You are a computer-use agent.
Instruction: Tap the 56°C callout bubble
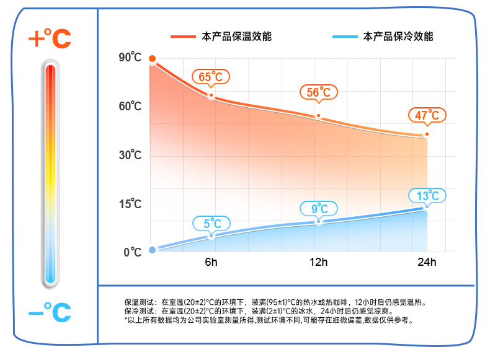point(318,93)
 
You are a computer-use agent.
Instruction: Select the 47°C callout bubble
point(427,115)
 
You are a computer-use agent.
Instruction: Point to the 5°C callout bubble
point(212,223)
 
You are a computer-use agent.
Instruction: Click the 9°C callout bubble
point(319,208)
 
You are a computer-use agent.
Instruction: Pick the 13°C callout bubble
point(427,196)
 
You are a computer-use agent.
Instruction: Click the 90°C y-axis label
point(130,58)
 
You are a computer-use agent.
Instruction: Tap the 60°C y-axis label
point(130,107)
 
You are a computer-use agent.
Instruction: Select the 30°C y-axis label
point(130,155)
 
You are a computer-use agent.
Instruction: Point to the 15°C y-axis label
point(130,204)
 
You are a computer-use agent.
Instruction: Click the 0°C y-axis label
point(132,252)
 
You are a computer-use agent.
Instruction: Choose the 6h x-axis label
point(212,262)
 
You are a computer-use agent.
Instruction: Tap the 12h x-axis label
point(319,262)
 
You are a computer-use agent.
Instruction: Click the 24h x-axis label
point(427,262)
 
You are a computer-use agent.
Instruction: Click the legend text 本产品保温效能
point(237,37)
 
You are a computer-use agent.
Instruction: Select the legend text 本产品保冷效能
point(398,37)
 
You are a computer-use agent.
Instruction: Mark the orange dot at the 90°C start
point(152,59)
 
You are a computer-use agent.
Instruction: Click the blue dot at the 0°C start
point(152,250)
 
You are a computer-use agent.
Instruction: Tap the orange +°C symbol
point(50,39)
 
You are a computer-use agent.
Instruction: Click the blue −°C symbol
point(50,312)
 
